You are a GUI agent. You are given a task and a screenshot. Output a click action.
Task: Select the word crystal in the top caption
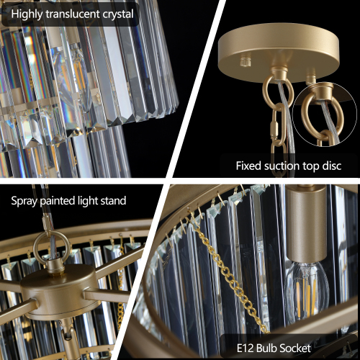click(x=118, y=14)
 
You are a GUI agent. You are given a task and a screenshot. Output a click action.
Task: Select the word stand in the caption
click(x=111, y=200)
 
